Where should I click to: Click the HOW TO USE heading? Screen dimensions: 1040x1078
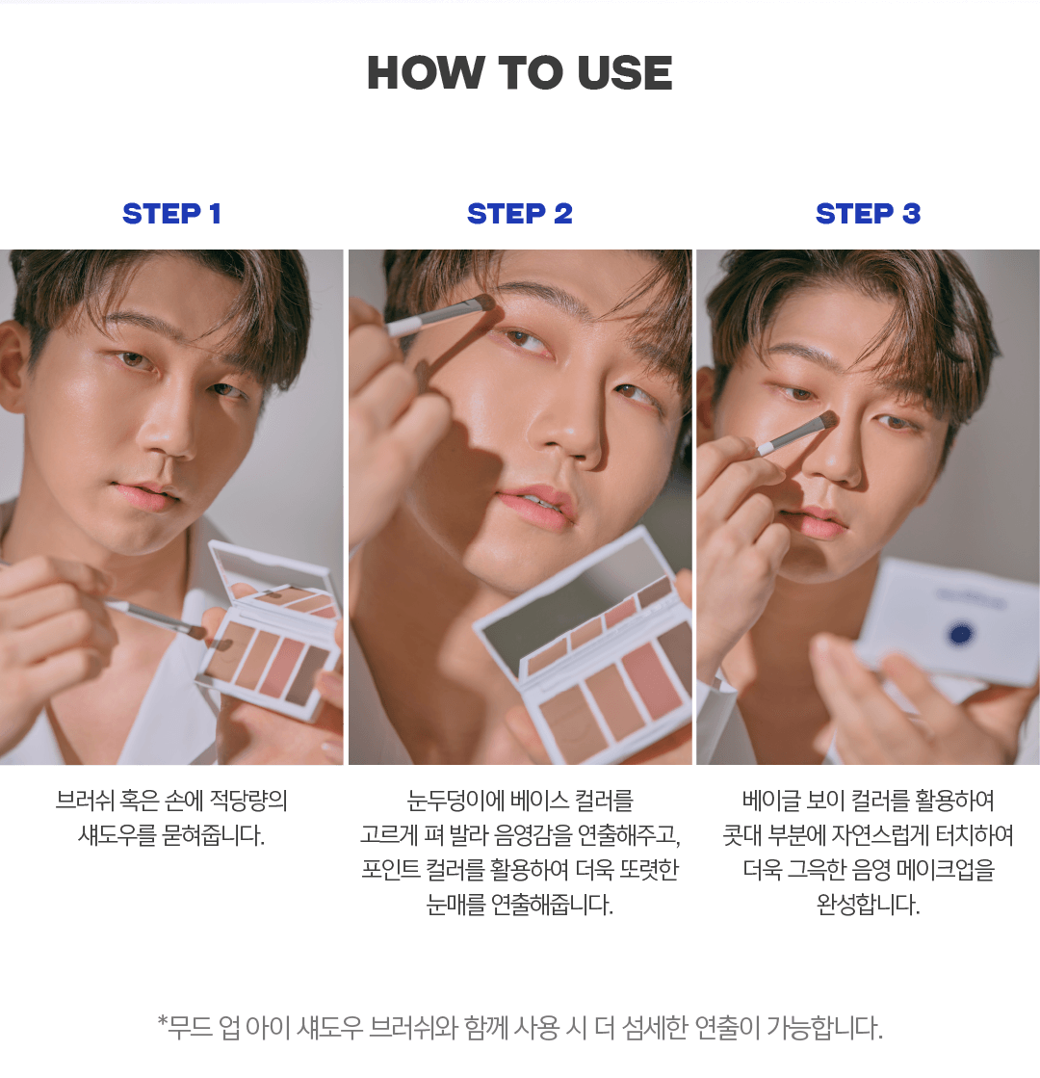click(x=520, y=73)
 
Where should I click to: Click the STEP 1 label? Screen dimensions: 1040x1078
click(x=171, y=214)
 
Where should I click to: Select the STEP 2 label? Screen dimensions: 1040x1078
click(x=520, y=214)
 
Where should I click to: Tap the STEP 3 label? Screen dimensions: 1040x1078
click(x=869, y=214)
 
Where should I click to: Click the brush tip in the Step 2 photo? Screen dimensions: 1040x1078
click(x=485, y=302)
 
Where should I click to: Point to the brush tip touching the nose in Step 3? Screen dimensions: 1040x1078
click(x=825, y=421)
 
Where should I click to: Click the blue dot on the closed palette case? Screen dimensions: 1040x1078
click(x=960, y=633)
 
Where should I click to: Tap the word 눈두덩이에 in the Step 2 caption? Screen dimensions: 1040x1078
click(x=455, y=801)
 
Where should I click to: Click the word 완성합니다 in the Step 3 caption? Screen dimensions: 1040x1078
click(x=869, y=904)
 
